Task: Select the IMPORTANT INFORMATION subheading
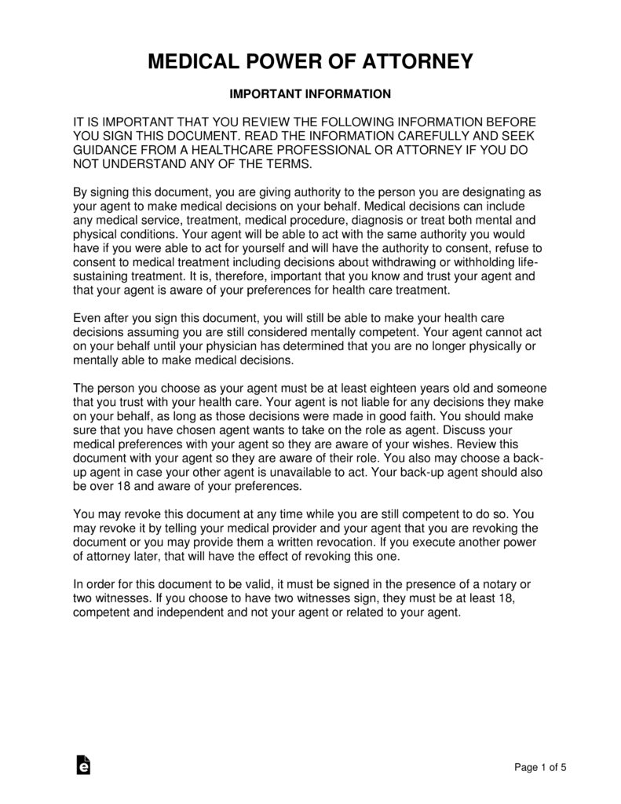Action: point(310,94)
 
